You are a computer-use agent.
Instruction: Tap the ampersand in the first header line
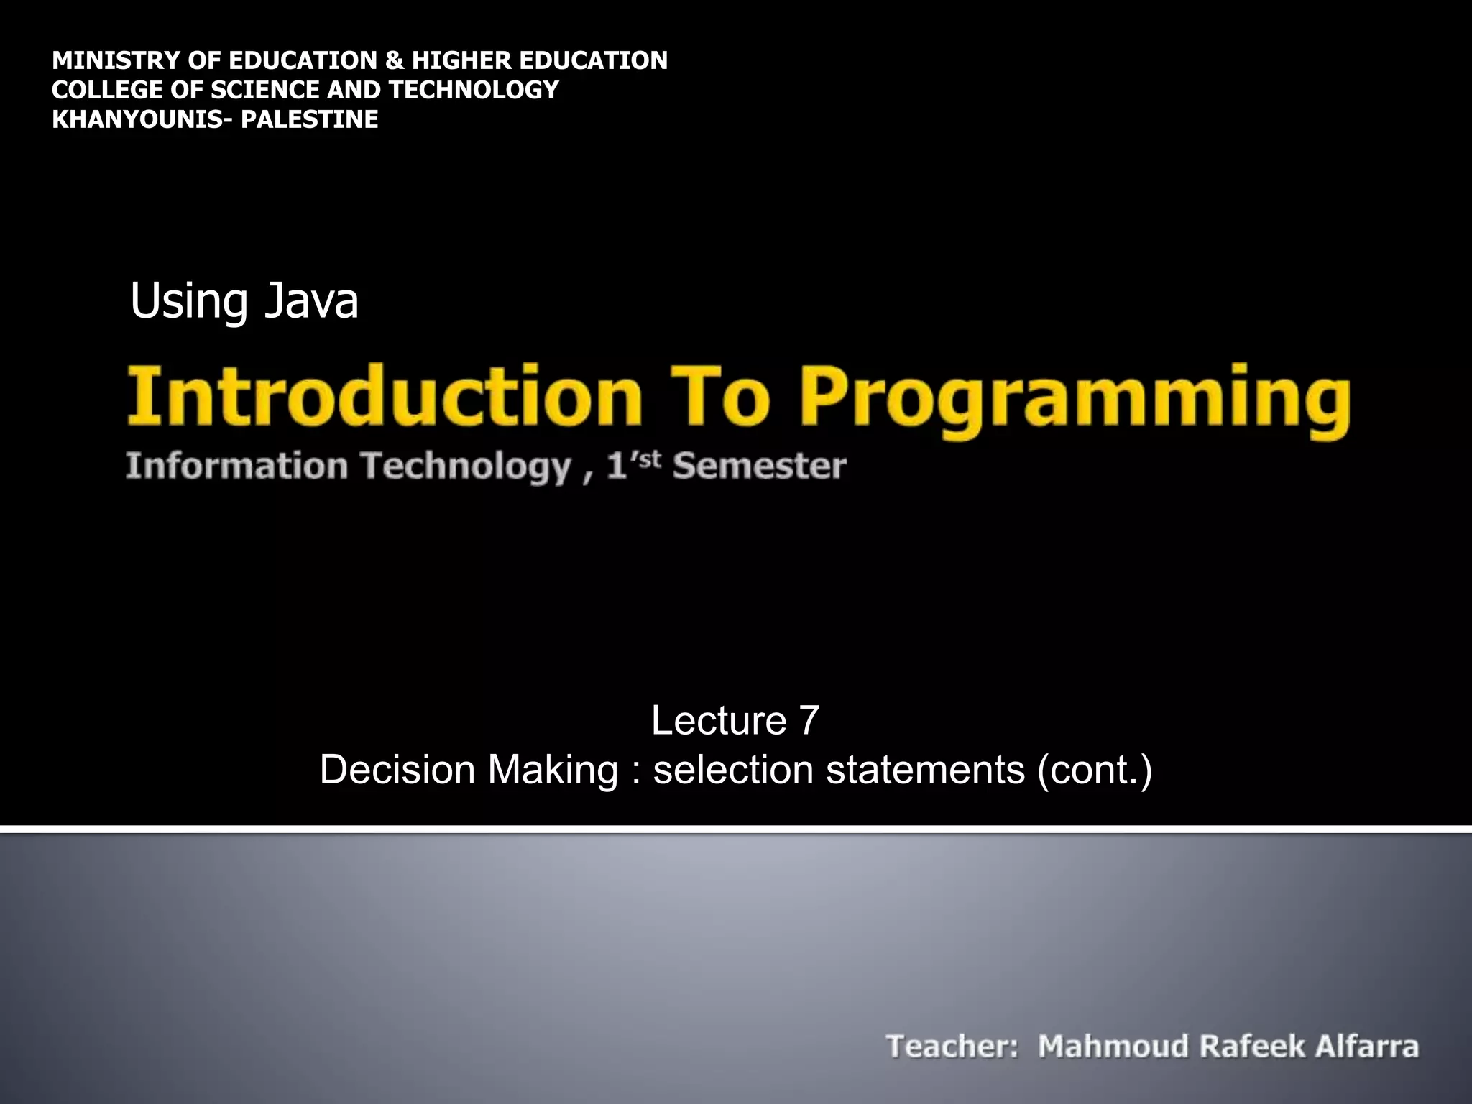point(394,60)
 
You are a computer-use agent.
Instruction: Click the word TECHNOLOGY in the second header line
point(474,90)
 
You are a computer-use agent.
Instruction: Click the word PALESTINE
point(309,119)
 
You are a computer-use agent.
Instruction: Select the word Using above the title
point(189,302)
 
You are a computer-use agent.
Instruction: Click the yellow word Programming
point(1075,400)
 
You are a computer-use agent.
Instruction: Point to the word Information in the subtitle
point(237,466)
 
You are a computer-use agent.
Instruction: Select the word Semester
point(759,466)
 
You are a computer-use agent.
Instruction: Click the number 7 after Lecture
point(809,720)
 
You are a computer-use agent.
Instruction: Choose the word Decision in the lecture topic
point(397,770)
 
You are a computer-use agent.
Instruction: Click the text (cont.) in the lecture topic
point(1094,770)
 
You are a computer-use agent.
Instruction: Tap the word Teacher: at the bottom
point(952,1046)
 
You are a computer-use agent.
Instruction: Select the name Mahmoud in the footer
point(1112,1046)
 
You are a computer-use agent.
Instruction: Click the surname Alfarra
point(1367,1046)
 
